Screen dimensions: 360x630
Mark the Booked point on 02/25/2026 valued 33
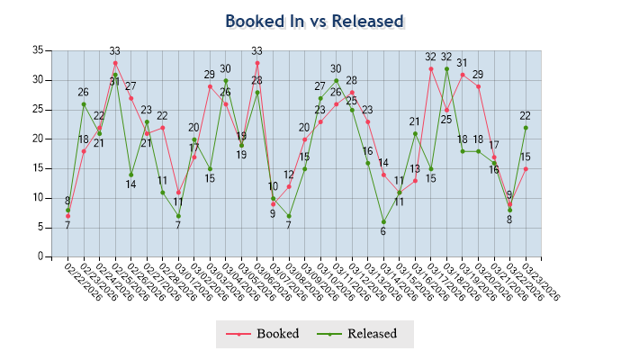point(115,62)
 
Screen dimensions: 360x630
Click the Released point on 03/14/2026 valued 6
point(383,221)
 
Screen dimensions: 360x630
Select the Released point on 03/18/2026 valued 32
point(446,68)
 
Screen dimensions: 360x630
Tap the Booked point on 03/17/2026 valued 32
point(431,68)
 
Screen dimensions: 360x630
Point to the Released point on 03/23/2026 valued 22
point(526,127)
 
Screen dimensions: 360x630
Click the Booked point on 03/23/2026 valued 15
point(526,168)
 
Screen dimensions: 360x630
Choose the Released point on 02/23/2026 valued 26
point(84,103)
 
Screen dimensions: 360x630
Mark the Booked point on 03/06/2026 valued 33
point(257,62)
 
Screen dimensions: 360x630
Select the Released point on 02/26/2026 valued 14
point(130,175)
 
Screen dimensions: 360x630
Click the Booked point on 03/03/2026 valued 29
point(210,85)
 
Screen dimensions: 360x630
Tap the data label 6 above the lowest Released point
point(383,231)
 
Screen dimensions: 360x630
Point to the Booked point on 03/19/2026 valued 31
point(463,74)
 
